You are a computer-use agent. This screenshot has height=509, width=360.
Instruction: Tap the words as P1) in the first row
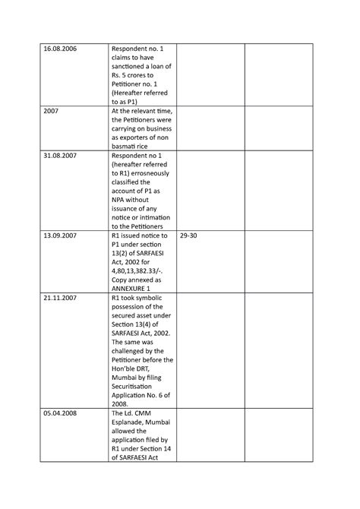(x=125, y=100)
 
